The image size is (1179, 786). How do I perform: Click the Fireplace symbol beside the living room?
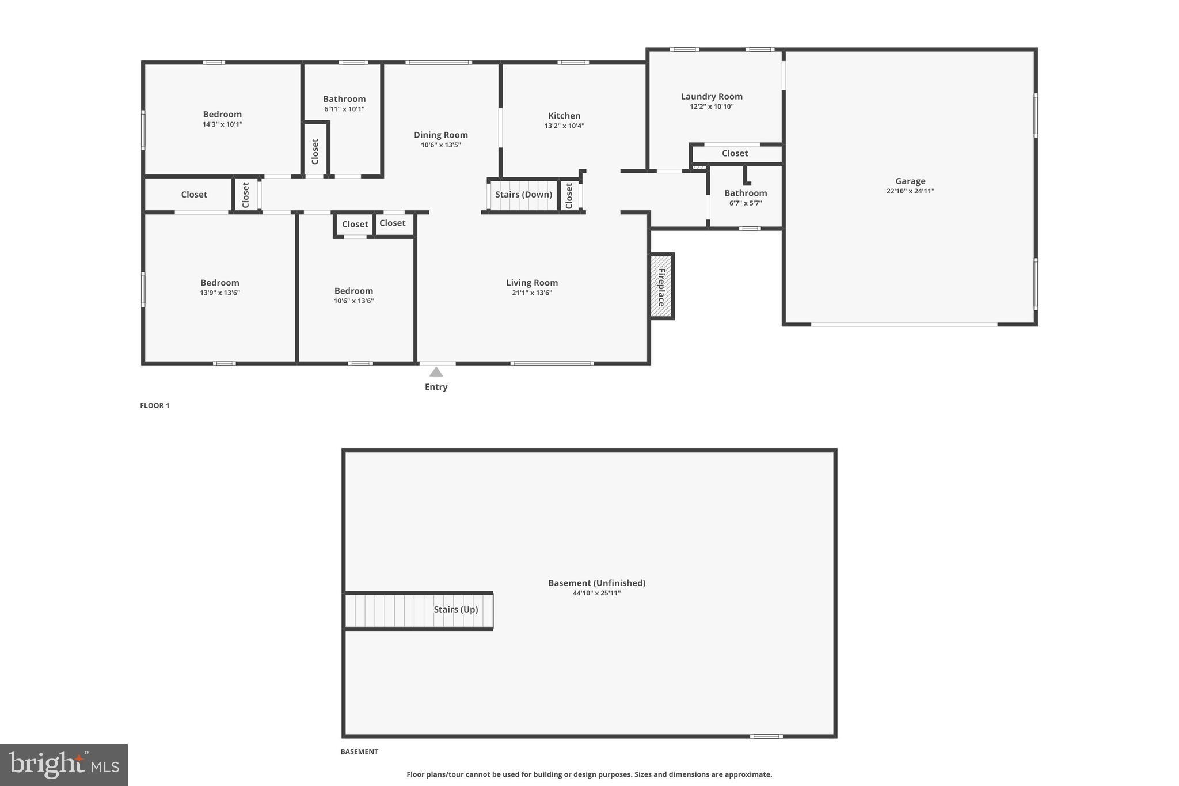(x=661, y=286)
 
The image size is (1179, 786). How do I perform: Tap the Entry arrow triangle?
(x=436, y=372)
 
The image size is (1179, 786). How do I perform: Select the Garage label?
(x=910, y=181)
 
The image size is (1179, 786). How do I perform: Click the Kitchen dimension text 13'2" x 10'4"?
(x=564, y=126)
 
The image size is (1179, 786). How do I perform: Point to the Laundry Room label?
(x=712, y=97)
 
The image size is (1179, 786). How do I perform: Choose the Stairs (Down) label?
(x=523, y=195)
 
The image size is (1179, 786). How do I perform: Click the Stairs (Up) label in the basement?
(x=455, y=610)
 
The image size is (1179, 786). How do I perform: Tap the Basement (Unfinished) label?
(x=596, y=583)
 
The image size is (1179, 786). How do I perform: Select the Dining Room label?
(x=440, y=135)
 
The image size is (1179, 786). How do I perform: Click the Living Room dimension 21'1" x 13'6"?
(x=531, y=293)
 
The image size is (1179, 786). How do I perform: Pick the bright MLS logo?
(x=64, y=765)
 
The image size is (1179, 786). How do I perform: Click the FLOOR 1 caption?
(x=154, y=406)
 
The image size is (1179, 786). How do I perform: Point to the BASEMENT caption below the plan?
(x=359, y=752)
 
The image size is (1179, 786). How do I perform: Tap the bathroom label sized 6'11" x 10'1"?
(x=344, y=99)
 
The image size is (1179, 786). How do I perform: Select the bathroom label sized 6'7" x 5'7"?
(x=746, y=193)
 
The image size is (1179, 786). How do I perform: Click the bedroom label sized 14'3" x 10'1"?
(x=222, y=115)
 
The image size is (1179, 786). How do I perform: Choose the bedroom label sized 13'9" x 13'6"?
(x=220, y=283)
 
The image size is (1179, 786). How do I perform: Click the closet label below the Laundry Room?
(x=735, y=154)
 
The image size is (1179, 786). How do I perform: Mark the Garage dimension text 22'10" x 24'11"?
(x=910, y=191)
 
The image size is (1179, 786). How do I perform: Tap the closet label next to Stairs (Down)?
(x=569, y=196)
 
